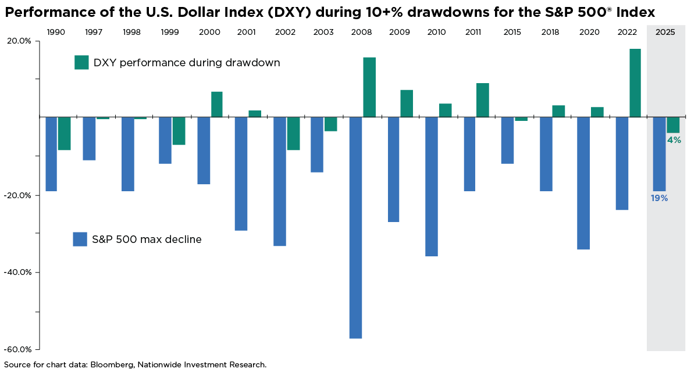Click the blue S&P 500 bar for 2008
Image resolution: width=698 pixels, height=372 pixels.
point(355,227)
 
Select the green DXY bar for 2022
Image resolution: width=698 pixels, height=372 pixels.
point(635,83)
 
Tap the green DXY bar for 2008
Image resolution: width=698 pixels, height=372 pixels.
point(369,87)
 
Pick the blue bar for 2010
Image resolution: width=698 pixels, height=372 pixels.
point(432,186)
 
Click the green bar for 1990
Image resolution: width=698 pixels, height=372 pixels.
point(64,133)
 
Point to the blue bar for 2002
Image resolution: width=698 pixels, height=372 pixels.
point(280,181)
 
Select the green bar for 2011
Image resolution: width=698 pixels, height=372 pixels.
point(483,100)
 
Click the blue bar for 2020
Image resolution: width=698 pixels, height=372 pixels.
point(583,183)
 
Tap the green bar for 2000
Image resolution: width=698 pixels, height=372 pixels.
point(216,104)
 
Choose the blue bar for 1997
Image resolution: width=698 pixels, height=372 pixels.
point(89,138)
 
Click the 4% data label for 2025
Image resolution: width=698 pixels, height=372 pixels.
point(674,140)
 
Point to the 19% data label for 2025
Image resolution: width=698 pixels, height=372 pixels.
point(659,198)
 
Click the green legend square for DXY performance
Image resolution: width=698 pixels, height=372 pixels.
point(81,62)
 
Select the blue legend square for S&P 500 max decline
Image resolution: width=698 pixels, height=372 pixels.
point(80,239)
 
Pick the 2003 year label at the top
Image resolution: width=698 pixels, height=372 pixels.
point(323,32)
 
